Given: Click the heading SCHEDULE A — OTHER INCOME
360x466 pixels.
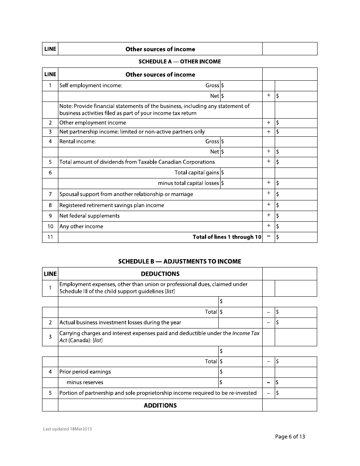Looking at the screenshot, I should pyautogui.click(x=180, y=61).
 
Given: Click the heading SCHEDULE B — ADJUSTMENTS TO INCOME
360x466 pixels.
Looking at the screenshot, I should pyautogui.click(x=180, y=261).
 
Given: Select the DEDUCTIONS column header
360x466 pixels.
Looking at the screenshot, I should pyautogui.click(x=160, y=274).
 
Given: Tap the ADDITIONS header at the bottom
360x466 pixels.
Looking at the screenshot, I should pyautogui.click(x=160, y=405).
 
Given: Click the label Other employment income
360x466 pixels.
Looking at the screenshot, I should pyautogui.click(x=93, y=123).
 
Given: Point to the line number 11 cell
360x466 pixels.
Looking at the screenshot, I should pyautogui.click(x=50, y=237).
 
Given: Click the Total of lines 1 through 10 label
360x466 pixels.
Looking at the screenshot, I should pyautogui.click(x=227, y=237).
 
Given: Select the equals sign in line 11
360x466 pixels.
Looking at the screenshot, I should pyautogui.click(x=268, y=237).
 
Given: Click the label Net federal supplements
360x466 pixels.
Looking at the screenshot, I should pyautogui.click(x=89, y=216).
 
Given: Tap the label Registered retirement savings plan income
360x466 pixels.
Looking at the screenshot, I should pyautogui.click(x=112, y=205).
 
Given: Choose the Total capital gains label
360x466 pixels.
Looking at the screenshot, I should pyautogui.click(x=197, y=173).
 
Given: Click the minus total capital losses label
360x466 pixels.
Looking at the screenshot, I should pyautogui.click(x=188, y=183).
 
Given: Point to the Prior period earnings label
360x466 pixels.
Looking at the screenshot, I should pyautogui.click(x=85, y=372).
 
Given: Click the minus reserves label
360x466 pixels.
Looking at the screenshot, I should pyautogui.click(x=85, y=383).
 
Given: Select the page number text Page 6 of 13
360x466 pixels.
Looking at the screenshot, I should pyautogui.click(x=290, y=437).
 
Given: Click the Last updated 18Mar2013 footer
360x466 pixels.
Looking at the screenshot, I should pyautogui.click(x=67, y=429).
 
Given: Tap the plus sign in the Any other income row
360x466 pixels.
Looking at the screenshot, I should pyautogui.click(x=268, y=226).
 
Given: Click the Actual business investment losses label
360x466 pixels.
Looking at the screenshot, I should pyautogui.click(x=120, y=323).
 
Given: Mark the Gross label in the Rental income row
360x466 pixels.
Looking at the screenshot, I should pyautogui.click(x=212, y=141).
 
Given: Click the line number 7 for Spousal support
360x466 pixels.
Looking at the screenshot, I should pyautogui.click(x=50, y=194).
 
